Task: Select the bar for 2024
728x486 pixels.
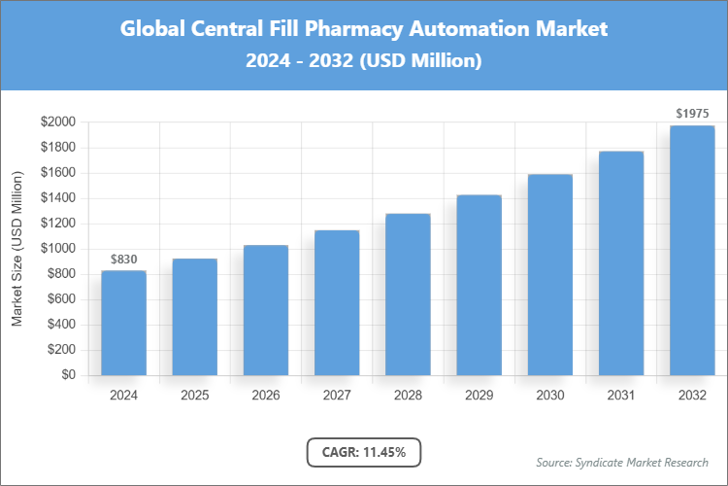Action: click(x=123, y=323)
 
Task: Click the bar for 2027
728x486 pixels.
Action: click(x=337, y=302)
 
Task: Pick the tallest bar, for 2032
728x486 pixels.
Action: click(x=692, y=251)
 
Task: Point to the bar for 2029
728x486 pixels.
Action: click(x=480, y=285)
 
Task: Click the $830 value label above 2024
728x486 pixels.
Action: click(x=123, y=259)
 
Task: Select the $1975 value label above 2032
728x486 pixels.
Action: click(x=692, y=114)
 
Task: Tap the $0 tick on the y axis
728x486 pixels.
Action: click(x=69, y=375)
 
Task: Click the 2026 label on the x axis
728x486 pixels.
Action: click(x=266, y=396)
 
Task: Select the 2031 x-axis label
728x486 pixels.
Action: click(x=621, y=396)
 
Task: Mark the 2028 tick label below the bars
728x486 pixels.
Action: click(x=408, y=396)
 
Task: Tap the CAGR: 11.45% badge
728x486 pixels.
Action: click(x=364, y=451)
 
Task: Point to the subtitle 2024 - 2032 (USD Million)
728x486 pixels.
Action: click(x=364, y=61)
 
